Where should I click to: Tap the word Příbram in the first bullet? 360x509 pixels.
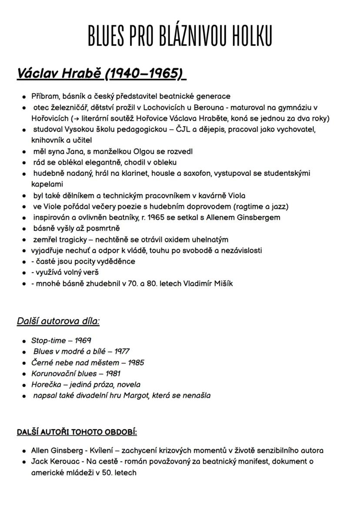(x=45, y=96)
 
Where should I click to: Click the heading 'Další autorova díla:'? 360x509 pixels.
(x=58, y=321)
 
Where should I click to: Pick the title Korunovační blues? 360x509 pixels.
(x=63, y=373)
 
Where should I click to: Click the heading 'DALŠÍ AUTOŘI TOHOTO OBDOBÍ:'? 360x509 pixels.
(x=77, y=432)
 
